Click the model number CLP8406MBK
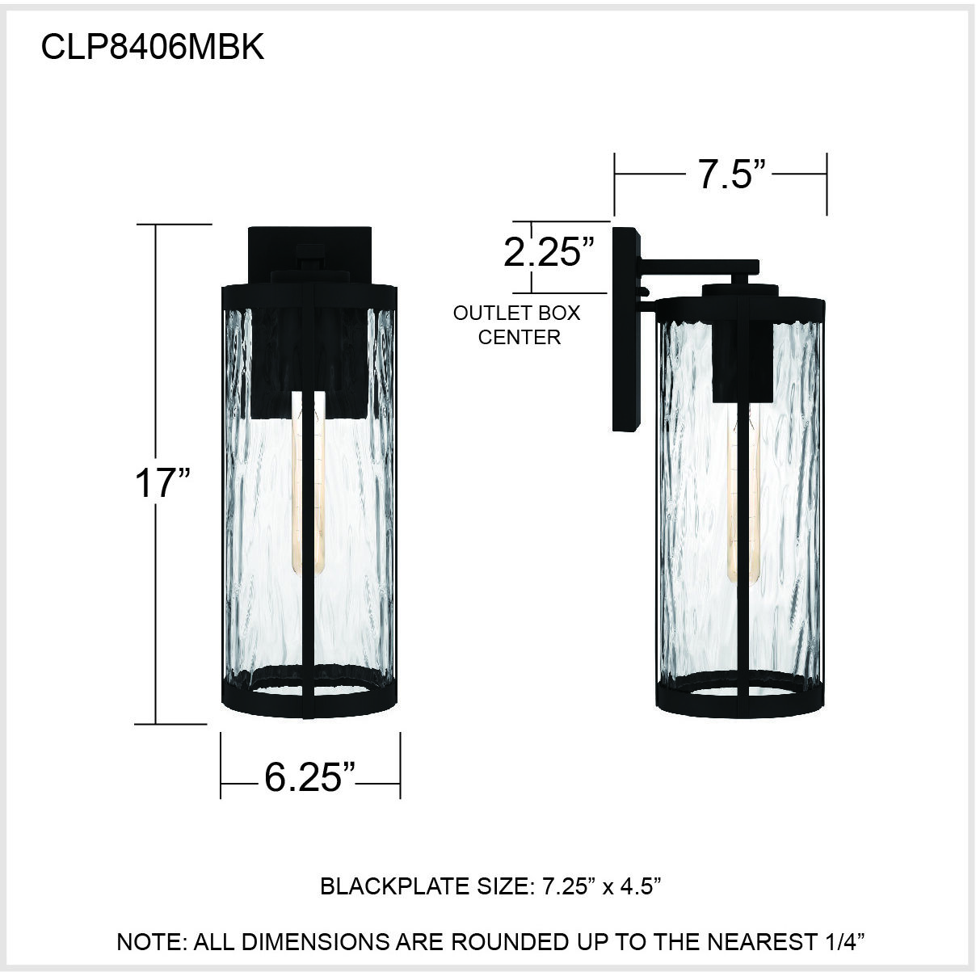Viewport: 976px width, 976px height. pyautogui.click(x=152, y=48)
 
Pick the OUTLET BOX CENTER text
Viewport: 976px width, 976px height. pyautogui.click(x=517, y=325)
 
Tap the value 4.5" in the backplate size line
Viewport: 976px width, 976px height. pyautogui.click(x=638, y=887)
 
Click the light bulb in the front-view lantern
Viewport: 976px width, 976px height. pyautogui.click(x=308, y=485)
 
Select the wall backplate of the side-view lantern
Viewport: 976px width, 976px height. pyautogui.click(x=626, y=331)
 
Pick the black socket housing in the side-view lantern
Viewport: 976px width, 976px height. pyautogui.click(x=739, y=360)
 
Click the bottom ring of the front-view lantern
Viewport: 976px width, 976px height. pyautogui.click(x=310, y=699)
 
